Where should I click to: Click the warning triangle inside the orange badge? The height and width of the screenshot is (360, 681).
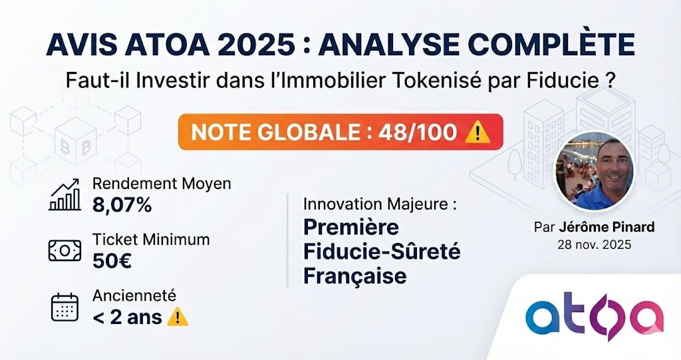pyautogui.click(x=477, y=132)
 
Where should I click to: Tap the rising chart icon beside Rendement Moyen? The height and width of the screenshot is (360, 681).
pyautogui.click(x=65, y=194)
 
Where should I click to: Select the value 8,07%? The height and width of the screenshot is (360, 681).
pyautogui.click(x=122, y=205)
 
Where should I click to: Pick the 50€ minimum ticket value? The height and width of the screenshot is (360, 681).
pyautogui.click(x=112, y=260)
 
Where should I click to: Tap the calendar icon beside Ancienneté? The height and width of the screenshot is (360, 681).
pyautogui.click(x=65, y=307)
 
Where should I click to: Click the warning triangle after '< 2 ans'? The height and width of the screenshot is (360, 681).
pyautogui.click(x=178, y=317)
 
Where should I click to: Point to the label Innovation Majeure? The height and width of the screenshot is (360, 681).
pyautogui.click(x=380, y=205)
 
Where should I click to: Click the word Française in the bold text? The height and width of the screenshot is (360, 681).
pyautogui.click(x=354, y=275)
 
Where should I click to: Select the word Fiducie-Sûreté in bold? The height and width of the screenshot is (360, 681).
pyautogui.click(x=382, y=252)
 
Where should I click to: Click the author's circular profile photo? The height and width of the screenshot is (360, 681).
pyautogui.click(x=594, y=172)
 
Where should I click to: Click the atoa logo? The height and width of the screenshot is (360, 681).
pyautogui.click(x=593, y=317)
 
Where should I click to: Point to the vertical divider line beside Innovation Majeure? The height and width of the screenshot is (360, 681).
pyautogui.click(x=287, y=240)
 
